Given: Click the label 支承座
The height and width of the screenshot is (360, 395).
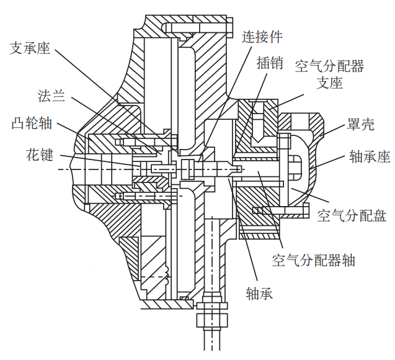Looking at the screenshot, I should click(x=29, y=48).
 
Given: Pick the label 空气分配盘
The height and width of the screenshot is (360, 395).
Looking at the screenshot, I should click(x=352, y=215).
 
